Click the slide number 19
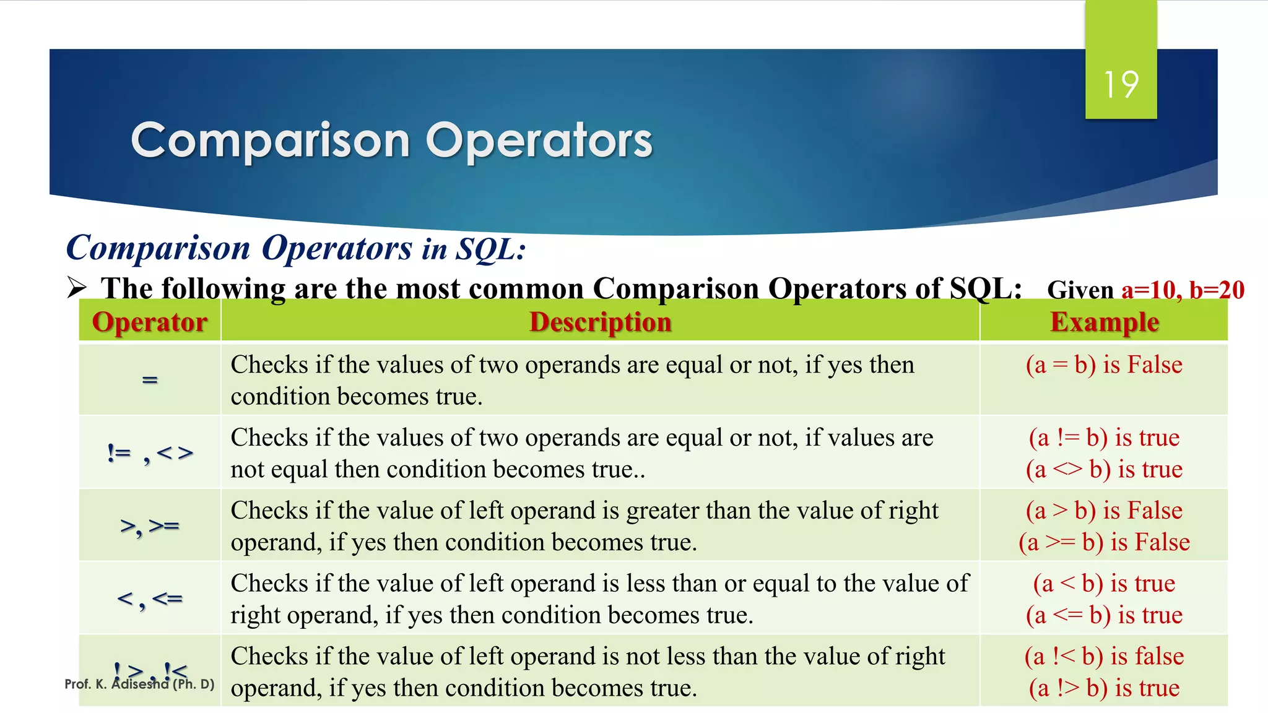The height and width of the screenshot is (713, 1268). pos(1121,85)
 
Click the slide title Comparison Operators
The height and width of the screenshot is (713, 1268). pos(391,140)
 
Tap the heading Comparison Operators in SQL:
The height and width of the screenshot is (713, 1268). pos(296,248)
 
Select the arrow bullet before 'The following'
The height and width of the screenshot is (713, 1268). pos(77,288)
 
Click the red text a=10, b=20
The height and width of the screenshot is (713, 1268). pos(1183,290)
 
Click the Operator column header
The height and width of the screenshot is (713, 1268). pos(150,322)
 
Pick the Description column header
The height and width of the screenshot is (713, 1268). pos(600,322)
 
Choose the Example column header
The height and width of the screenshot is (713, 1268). pos(1104,322)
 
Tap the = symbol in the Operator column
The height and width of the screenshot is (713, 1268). pos(150,379)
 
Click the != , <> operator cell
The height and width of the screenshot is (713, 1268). pos(150,454)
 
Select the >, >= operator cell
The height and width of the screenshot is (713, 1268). pos(150,526)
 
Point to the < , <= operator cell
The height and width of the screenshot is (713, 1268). pos(150,599)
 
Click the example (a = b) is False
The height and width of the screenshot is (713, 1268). pos(1104,365)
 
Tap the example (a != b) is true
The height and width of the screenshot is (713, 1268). pos(1104,438)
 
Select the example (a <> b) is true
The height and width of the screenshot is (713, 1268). pos(1104,469)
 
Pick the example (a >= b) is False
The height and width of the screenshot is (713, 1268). pos(1104,542)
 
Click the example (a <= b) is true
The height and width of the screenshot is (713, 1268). pos(1104,615)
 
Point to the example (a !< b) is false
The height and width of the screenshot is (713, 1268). pos(1104,656)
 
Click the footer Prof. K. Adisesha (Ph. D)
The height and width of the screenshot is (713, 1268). pos(139,685)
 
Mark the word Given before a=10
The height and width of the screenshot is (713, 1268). pos(1080,290)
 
